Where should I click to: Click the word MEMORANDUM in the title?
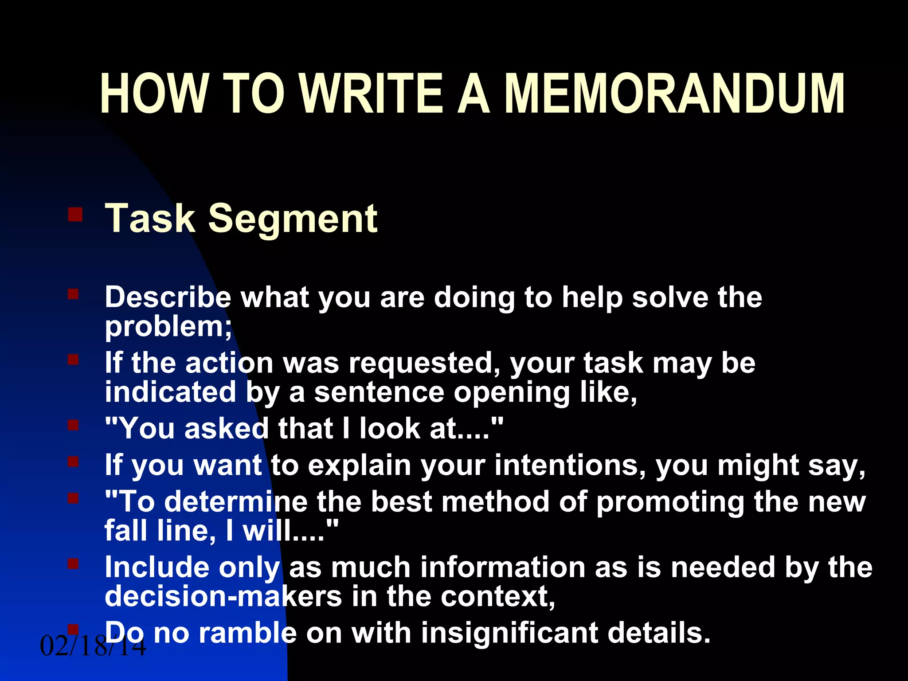[674, 94]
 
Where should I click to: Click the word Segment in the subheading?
[293, 218]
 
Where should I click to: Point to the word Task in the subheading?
[150, 218]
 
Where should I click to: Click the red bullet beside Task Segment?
[75, 215]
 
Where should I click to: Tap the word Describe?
[168, 297]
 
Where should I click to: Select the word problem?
[168, 327]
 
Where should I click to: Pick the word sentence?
[379, 392]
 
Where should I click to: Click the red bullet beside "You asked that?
[73, 426]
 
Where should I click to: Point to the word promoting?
[669, 502]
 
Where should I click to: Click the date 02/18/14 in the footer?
[93, 646]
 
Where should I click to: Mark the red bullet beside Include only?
[73, 564]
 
